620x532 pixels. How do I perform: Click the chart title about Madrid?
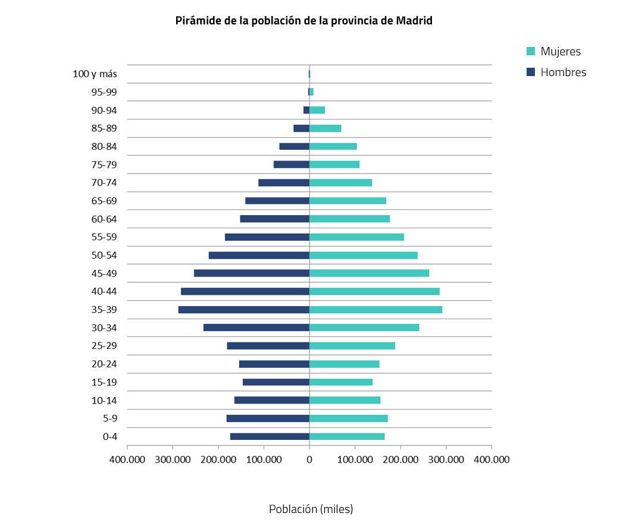tap(303, 21)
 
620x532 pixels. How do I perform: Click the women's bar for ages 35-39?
tap(375, 310)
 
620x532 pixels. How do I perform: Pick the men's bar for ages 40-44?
tap(245, 291)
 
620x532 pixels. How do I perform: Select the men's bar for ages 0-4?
tap(270, 436)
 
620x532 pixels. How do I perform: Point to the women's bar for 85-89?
tap(325, 128)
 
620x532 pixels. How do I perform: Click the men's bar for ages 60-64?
tap(274, 219)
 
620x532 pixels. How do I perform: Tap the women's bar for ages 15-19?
tap(341, 382)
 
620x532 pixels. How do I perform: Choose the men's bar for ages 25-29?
tap(268, 346)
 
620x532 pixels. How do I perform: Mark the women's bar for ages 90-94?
tap(317, 110)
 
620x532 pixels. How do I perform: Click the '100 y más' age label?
tap(95, 74)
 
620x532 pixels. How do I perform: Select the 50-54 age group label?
tap(104, 256)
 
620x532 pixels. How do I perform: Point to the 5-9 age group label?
tap(109, 418)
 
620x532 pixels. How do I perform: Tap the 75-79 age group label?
tap(104, 165)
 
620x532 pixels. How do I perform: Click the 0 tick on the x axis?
tap(309, 459)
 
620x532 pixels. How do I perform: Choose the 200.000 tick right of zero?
tap(400, 459)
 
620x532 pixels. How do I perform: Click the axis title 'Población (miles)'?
tap(311, 509)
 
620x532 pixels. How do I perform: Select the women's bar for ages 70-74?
tap(340, 182)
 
